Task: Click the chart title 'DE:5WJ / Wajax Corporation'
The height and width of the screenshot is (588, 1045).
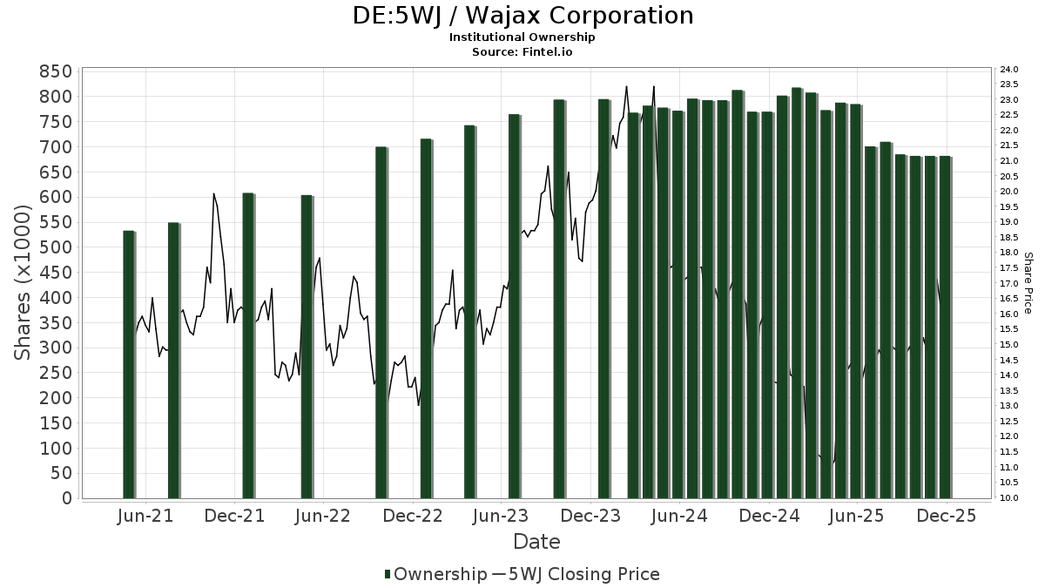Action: coord(522,16)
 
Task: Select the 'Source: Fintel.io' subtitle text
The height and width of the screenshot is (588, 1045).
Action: coord(522,52)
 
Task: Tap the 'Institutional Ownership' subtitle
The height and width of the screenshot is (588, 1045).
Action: coord(522,37)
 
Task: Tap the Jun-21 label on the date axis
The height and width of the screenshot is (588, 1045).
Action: coord(145,517)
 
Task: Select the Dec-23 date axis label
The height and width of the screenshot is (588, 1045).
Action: coord(590,517)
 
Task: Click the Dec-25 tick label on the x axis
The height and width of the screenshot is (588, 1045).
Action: coord(947,517)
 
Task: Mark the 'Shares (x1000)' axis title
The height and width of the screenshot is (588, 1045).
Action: coord(24,283)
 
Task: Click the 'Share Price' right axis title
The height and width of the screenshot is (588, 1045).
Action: coord(1028,283)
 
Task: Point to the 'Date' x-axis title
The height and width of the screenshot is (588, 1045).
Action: coord(536,542)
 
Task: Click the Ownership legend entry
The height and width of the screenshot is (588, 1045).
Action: coord(435,574)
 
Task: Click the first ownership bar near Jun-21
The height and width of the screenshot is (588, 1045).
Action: coord(129,366)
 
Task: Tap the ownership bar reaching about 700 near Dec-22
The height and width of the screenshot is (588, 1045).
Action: coord(381,322)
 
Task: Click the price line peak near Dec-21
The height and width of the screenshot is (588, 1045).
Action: coord(213,194)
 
